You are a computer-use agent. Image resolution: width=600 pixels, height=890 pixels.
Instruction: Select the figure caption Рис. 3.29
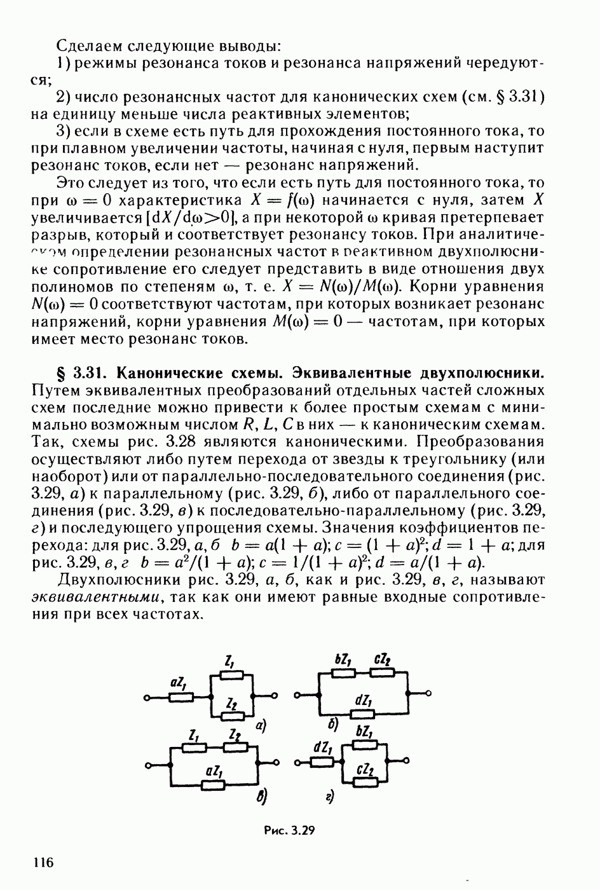(x=290, y=830)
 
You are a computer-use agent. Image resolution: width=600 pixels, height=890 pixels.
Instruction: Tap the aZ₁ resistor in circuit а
(x=181, y=697)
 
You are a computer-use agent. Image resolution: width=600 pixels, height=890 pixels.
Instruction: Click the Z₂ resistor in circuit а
(x=231, y=716)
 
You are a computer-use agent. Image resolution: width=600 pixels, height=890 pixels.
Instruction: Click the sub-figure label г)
(x=330, y=797)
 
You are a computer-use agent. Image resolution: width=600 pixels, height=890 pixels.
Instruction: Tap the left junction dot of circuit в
(x=171, y=763)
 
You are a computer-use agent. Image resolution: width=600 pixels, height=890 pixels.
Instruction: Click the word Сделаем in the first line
(x=90, y=46)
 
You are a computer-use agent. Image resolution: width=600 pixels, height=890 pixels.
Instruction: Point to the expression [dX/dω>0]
(x=183, y=217)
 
